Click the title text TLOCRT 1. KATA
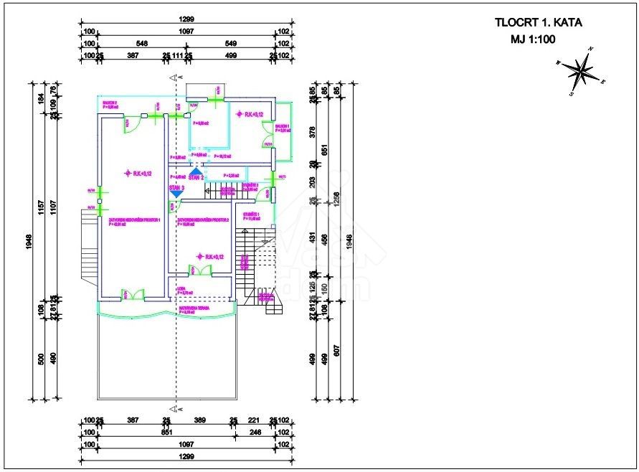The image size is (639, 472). [538, 22]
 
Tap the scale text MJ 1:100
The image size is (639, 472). [533, 41]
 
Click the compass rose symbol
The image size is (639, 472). [582, 70]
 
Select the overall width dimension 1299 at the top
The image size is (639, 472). [188, 20]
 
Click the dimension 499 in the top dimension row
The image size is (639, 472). [229, 55]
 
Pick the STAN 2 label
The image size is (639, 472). [197, 176]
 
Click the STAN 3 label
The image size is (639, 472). [176, 187]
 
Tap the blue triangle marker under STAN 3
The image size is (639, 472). [176, 194]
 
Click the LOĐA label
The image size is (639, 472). [181, 290]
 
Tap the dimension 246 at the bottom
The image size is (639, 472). [255, 433]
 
